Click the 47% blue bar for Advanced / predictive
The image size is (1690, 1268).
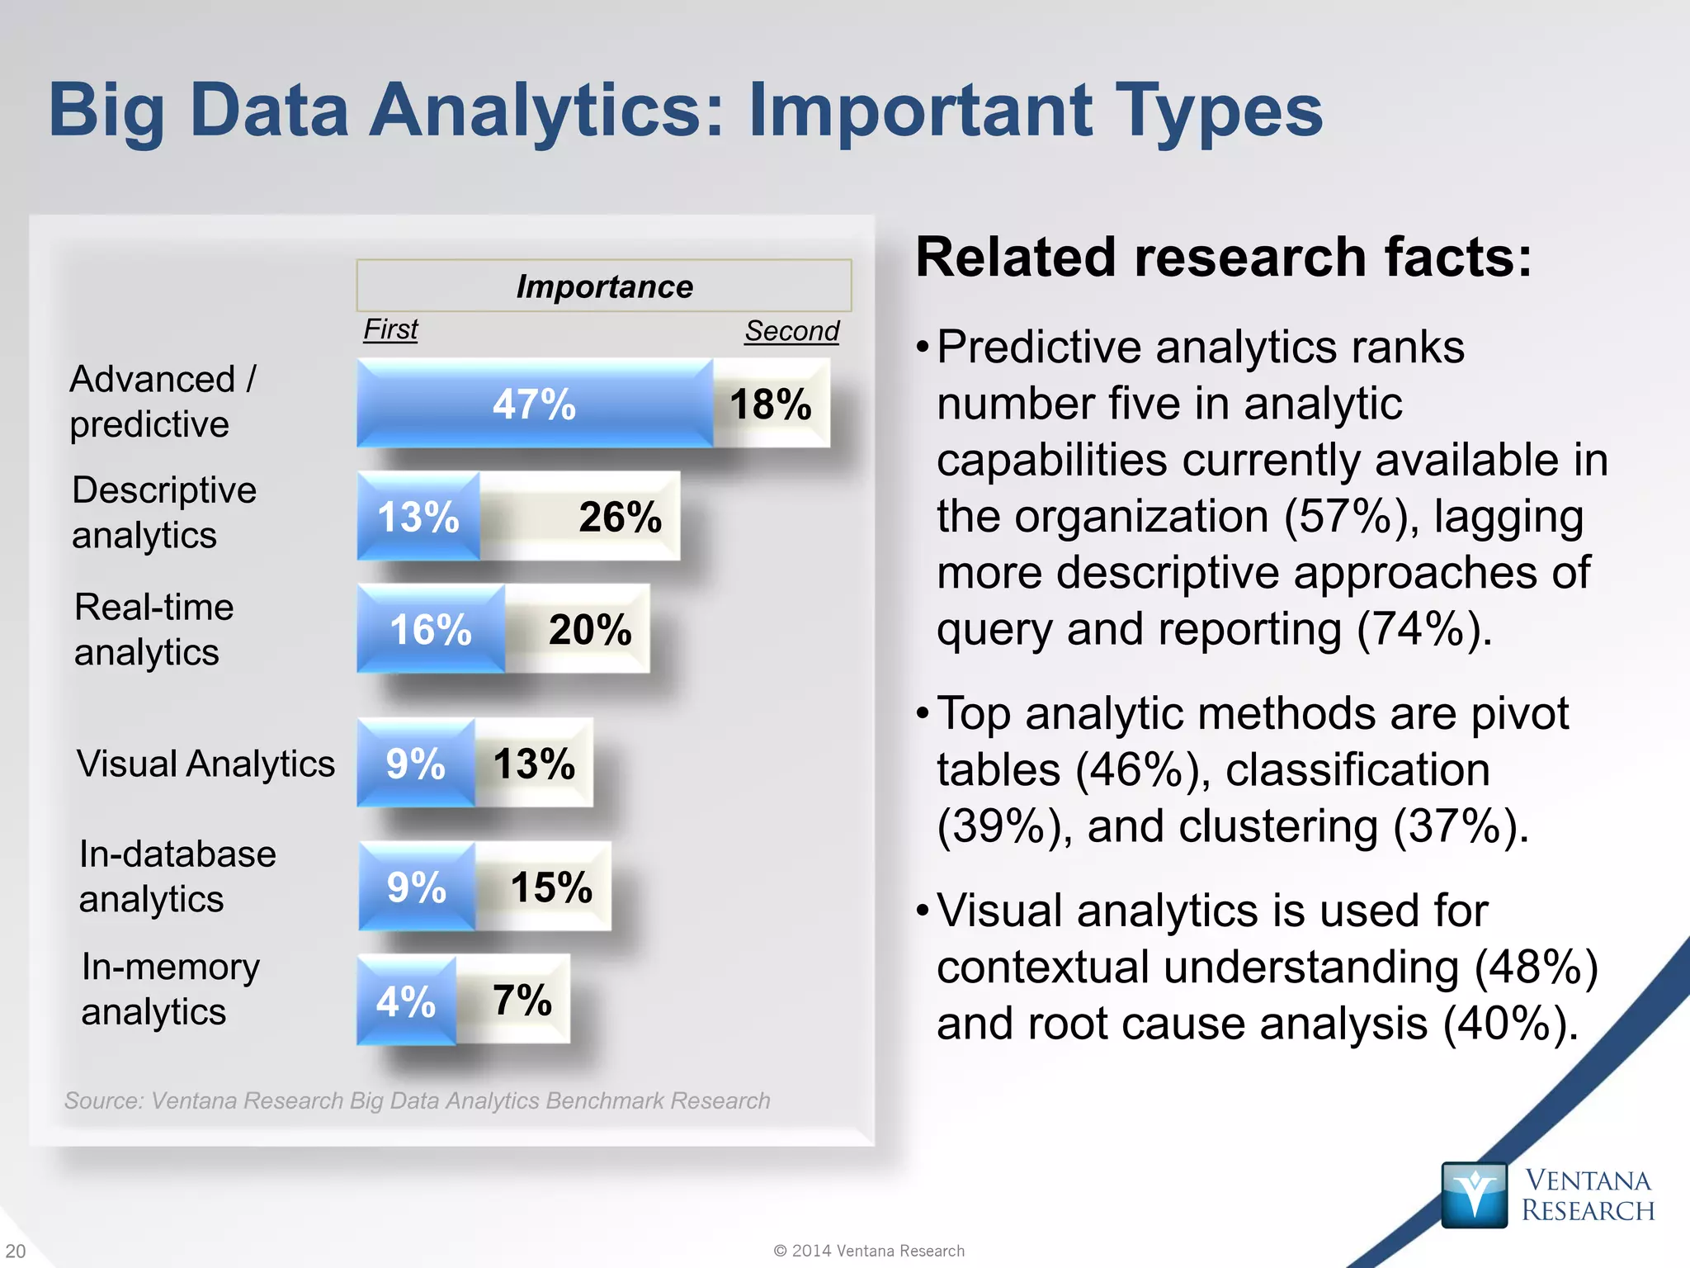(535, 404)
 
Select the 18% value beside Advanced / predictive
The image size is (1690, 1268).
(771, 404)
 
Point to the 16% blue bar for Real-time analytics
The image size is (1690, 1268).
(431, 629)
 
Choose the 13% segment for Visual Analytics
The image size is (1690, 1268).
(534, 764)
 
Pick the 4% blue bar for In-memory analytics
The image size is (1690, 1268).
(406, 1001)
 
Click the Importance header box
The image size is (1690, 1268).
(604, 286)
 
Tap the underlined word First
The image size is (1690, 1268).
(391, 329)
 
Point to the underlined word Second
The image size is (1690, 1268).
(791, 330)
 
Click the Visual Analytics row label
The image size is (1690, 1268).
(205, 764)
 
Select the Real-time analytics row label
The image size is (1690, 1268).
(154, 629)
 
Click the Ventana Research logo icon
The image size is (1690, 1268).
(1474, 1195)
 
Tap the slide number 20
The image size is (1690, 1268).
(16, 1251)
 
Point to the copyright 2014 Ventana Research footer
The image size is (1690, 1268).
(869, 1251)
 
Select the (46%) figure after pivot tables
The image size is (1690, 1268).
(1142, 770)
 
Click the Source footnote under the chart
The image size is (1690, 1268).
(418, 1100)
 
